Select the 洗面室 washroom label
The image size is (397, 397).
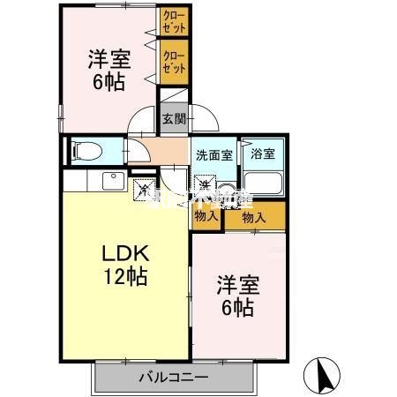pyautogui.click(x=213, y=154)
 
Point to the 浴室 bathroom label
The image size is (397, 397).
pyautogui.click(x=263, y=153)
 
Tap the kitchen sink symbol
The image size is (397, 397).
pyautogui.click(x=113, y=182)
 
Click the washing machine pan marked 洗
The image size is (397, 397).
pyautogui.click(x=205, y=186)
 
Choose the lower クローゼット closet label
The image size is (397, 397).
pyautogui.click(x=173, y=61)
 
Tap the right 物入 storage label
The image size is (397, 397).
pyautogui.click(x=255, y=217)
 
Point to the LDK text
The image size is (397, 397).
pyautogui.click(x=124, y=252)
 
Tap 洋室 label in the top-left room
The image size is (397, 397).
pyautogui.click(x=109, y=60)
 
